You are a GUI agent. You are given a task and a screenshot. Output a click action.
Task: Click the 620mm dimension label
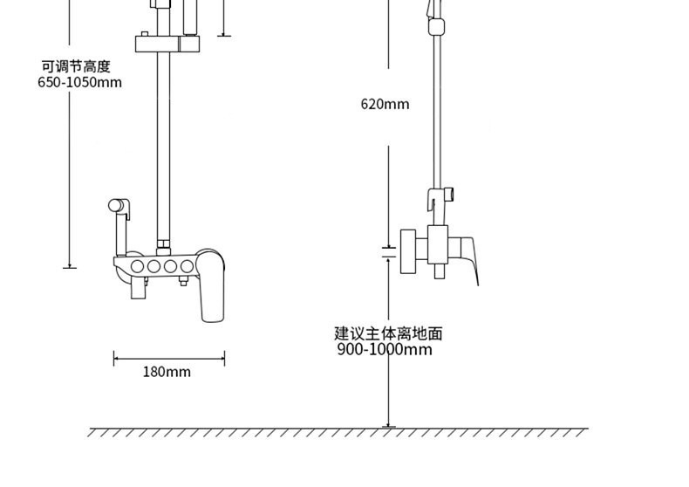tap(385, 105)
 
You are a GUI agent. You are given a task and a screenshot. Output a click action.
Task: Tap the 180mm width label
tap(167, 372)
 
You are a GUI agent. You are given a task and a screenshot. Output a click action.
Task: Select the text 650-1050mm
tap(79, 83)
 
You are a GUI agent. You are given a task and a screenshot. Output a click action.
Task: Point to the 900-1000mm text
tap(384, 350)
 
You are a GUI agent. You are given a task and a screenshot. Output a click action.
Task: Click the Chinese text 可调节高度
tap(76, 66)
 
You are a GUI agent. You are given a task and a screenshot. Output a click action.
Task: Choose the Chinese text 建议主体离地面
tap(388, 333)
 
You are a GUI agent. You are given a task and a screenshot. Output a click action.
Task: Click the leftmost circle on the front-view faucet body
tap(136, 266)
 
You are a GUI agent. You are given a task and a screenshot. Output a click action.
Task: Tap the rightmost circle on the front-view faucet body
tap(186, 266)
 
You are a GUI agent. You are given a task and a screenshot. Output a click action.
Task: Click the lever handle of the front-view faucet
tap(212, 288)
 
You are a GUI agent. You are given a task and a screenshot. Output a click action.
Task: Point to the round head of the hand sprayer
tap(116, 206)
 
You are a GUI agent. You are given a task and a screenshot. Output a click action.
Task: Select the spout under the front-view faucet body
tap(138, 287)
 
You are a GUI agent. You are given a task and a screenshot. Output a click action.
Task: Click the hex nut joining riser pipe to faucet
tap(162, 245)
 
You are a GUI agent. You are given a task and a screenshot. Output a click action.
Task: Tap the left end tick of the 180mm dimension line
tap(114, 358)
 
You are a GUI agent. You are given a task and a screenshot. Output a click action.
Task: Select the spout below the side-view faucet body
tap(439, 271)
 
